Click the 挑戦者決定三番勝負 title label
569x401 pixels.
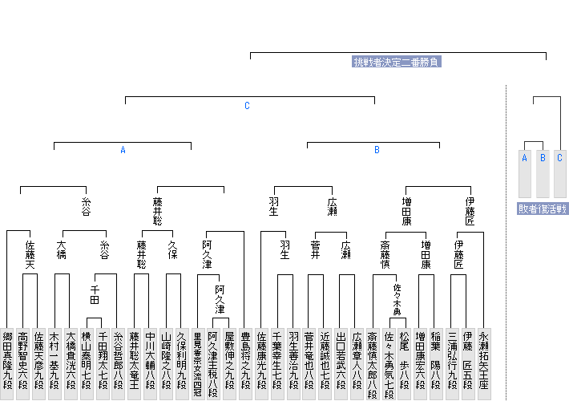pyautogui.click(x=397, y=62)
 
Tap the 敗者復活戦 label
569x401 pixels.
pyautogui.click(x=543, y=209)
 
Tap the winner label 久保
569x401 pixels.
pyautogui.click(x=173, y=249)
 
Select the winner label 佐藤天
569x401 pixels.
pyautogui.click(x=30, y=254)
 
